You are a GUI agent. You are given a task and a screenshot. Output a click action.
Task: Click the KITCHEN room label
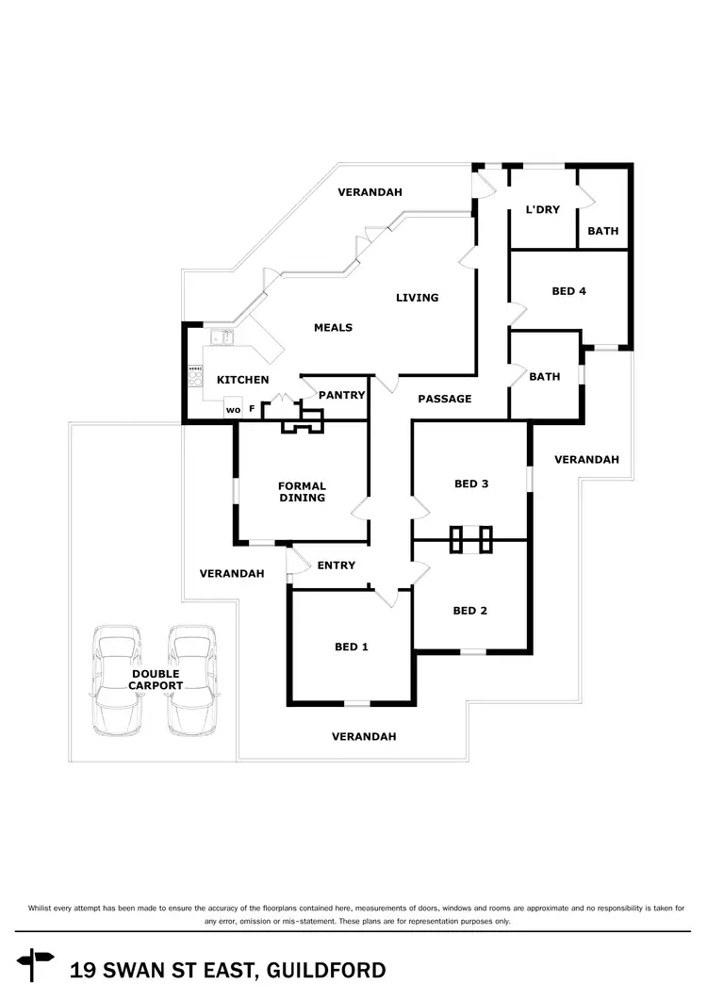tap(243, 380)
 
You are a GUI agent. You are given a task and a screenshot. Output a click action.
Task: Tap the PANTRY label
tap(341, 395)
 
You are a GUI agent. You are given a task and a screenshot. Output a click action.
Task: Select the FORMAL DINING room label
tap(302, 492)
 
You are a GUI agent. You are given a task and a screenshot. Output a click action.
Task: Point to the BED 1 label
tap(352, 647)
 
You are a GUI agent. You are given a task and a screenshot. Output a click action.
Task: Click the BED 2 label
tap(470, 611)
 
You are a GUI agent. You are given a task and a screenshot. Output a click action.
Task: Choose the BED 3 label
tap(471, 484)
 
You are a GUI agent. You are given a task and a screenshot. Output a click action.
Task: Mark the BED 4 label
tap(568, 291)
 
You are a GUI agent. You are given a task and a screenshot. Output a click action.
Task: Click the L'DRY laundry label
tap(542, 209)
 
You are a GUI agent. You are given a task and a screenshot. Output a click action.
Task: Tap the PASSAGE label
tap(445, 399)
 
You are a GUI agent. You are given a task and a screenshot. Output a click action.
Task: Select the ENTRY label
tap(337, 566)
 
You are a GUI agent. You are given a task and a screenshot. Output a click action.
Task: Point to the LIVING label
tap(417, 298)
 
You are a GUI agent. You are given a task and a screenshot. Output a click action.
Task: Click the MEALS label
tap(333, 328)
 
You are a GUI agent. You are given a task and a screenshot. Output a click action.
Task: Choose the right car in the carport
tap(192, 681)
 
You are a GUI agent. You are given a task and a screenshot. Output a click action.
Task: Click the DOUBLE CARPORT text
tap(156, 680)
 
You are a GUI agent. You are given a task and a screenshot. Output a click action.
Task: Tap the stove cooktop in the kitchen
tap(196, 376)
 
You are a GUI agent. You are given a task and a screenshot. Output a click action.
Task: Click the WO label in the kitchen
tap(233, 409)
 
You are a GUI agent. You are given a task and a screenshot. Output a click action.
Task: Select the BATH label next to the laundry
tap(603, 231)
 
